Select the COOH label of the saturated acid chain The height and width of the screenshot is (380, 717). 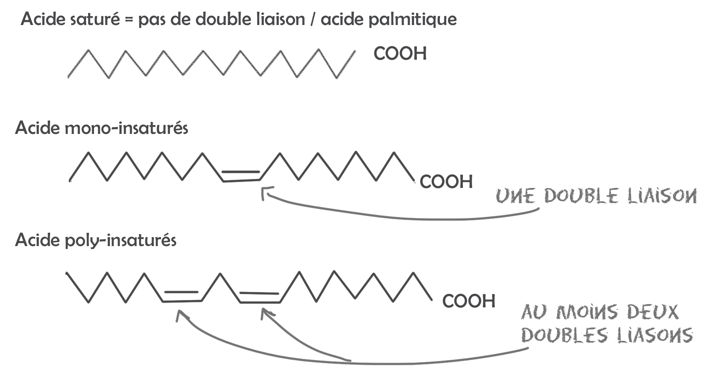coord(400,54)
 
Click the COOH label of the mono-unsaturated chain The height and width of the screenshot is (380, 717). coord(446,182)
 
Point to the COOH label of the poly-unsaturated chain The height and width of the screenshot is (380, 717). coord(469,301)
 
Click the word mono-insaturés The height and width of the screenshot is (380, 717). coord(126,128)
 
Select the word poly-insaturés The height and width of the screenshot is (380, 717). coord(120,240)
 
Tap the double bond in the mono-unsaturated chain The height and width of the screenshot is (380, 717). coord(241,176)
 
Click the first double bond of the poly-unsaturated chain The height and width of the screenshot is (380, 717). coord(182,296)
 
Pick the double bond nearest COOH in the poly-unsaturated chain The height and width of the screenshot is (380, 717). coord(260,297)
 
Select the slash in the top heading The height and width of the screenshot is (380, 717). coord(313,19)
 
